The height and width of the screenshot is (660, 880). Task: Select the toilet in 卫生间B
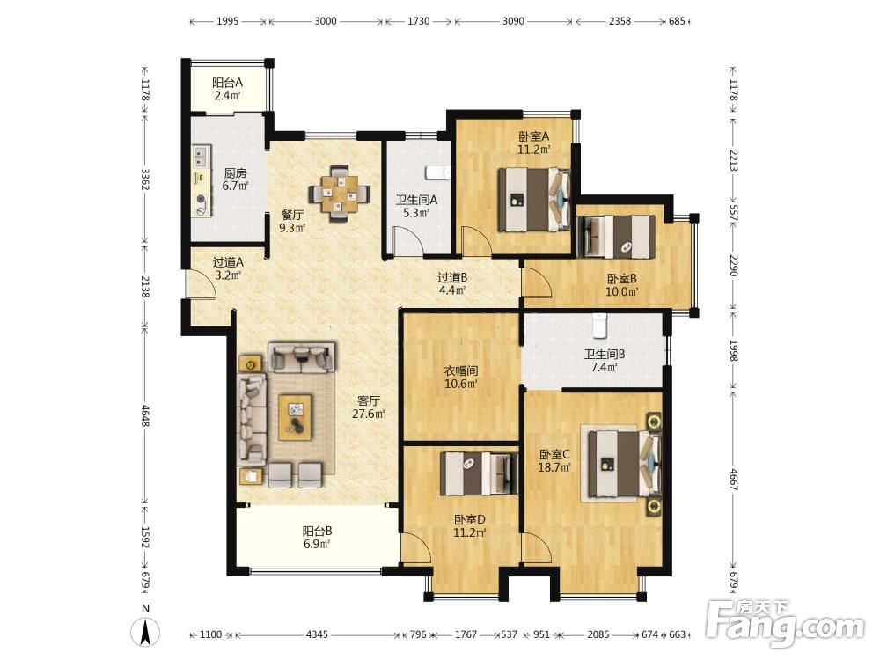[x=599, y=326]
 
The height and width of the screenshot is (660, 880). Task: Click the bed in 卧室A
[x=534, y=200]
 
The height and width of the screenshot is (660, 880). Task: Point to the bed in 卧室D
[x=479, y=473]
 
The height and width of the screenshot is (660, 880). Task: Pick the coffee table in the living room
[x=295, y=417]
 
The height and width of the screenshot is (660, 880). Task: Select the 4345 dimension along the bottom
[x=317, y=634]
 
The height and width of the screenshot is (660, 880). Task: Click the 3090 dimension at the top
[x=513, y=21]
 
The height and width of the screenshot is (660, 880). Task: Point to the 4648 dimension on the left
[x=145, y=416]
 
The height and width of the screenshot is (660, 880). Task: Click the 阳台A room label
[x=227, y=83]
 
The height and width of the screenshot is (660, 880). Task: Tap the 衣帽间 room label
[x=461, y=371]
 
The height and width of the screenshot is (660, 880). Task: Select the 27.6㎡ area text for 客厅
[x=368, y=414]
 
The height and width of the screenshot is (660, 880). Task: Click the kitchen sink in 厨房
[x=201, y=157]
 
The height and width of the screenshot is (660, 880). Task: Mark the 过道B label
[x=452, y=277]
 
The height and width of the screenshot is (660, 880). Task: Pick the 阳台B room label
[x=317, y=531]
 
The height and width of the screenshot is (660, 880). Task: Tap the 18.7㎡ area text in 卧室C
[x=554, y=467]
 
